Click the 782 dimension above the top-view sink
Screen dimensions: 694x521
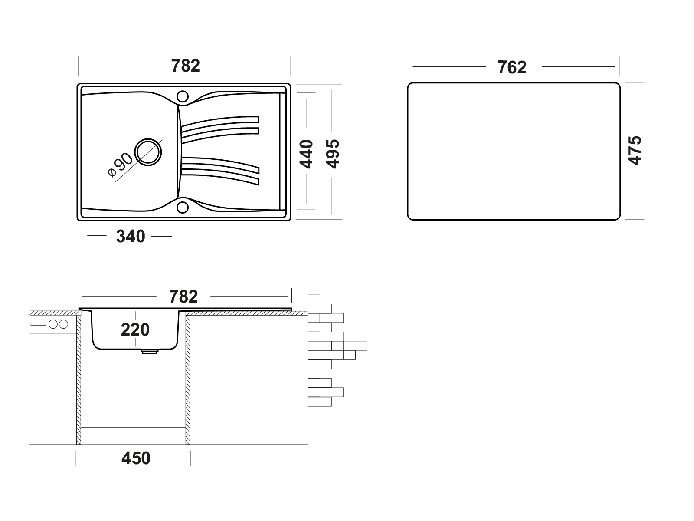(x=185, y=66)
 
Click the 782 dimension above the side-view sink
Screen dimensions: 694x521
(x=183, y=297)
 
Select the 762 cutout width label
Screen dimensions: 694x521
(x=512, y=67)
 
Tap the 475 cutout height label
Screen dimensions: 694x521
(x=635, y=151)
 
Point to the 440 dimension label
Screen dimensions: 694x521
(x=306, y=154)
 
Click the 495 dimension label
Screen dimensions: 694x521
(x=333, y=154)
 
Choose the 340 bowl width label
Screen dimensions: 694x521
(x=131, y=236)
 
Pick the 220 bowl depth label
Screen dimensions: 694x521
(x=135, y=330)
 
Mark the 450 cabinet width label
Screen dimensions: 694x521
(x=136, y=458)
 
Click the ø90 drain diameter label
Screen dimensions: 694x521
(x=121, y=165)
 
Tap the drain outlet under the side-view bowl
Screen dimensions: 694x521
(x=149, y=351)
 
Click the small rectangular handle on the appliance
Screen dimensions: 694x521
(x=39, y=324)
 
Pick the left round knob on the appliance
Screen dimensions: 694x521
(x=53, y=324)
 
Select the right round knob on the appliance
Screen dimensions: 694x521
(x=64, y=324)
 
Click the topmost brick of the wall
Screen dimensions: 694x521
(x=314, y=299)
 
